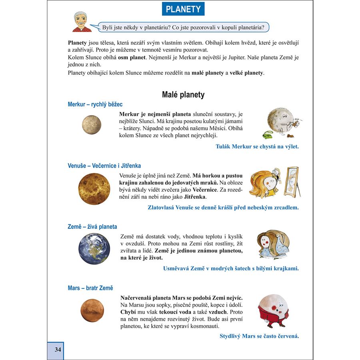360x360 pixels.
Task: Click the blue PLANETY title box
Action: coord(183,9)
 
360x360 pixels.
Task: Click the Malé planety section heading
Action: coord(183,95)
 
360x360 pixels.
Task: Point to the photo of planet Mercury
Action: coord(92,124)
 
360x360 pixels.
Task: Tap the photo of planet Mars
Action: coord(92,310)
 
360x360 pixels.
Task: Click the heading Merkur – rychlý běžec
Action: coord(95,104)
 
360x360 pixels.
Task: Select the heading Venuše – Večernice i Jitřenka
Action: coord(104,166)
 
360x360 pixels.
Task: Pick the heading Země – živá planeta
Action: coord(92,227)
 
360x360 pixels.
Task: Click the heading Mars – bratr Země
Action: coord(90,288)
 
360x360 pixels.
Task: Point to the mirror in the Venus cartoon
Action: coord(292,182)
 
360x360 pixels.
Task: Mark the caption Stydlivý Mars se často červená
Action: coord(259,336)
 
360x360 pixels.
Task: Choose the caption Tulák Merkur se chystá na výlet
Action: coord(257,146)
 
